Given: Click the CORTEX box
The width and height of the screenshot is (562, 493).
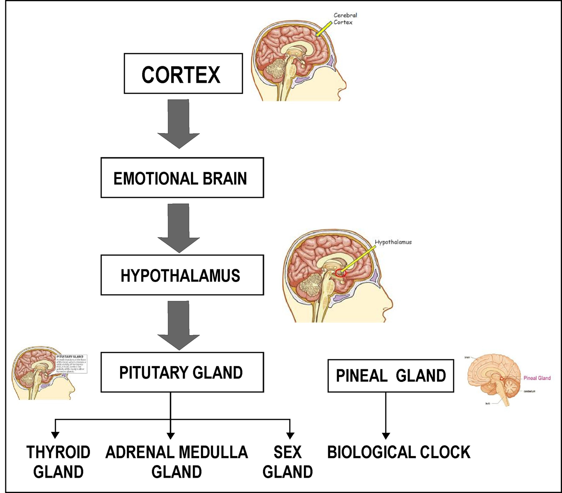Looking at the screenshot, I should pyautogui.click(x=183, y=73).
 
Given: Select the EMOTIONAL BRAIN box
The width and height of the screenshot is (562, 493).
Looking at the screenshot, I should pyautogui.click(x=182, y=178).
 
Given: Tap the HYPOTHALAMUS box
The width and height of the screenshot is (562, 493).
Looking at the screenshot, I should pyautogui.click(x=182, y=275).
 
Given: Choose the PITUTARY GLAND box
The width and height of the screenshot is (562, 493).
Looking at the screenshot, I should pyautogui.click(x=182, y=372).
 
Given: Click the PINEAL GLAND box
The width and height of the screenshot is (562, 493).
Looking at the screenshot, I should pyautogui.click(x=390, y=376).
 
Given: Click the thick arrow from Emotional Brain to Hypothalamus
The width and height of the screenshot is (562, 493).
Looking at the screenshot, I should pyautogui.click(x=178, y=229).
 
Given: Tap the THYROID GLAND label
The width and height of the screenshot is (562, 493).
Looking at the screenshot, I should pyautogui.click(x=58, y=462).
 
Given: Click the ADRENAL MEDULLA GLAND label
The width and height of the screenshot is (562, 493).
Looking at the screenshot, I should pyautogui.click(x=177, y=462).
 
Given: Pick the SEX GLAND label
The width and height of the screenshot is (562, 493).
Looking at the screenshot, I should pyautogui.click(x=288, y=462).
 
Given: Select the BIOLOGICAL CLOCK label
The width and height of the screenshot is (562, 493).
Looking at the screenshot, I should pyautogui.click(x=399, y=452).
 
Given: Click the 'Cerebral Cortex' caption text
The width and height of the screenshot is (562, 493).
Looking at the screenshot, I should pyautogui.click(x=345, y=18).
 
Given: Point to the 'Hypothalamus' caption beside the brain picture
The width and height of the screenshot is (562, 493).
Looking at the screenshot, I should pyautogui.click(x=393, y=242).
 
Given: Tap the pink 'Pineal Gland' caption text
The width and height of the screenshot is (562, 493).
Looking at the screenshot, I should pyautogui.click(x=537, y=378).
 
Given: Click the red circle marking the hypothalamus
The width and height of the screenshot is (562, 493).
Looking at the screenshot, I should pyautogui.click(x=340, y=273).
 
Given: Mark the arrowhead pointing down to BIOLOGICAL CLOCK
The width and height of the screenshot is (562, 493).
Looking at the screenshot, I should pyautogui.click(x=386, y=435).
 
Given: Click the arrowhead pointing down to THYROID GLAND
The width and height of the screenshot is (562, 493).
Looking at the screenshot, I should pyautogui.click(x=55, y=435).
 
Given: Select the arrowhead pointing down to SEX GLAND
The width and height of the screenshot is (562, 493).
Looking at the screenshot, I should pyautogui.click(x=290, y=435).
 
